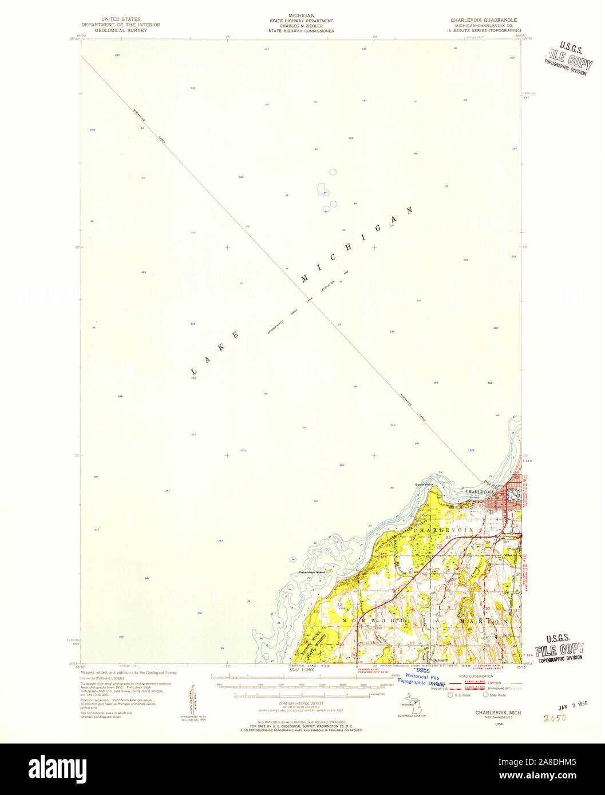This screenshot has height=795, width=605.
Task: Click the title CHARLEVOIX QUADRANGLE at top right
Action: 483,19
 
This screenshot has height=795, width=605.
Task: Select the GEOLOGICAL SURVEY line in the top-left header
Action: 121,30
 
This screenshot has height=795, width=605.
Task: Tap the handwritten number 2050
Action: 555,717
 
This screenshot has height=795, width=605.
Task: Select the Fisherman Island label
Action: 311,572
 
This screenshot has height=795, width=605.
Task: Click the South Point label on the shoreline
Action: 425,484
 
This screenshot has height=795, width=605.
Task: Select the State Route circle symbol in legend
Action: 486,695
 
